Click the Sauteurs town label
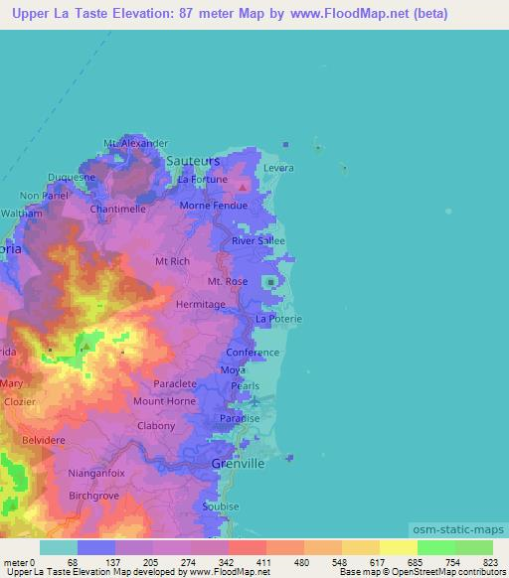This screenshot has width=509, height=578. pos(193,159)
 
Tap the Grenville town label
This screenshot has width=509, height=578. pos(240,463)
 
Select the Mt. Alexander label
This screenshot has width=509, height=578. pos(135,143)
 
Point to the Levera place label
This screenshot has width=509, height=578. pos(278,168)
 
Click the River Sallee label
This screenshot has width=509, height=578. pos(257,240)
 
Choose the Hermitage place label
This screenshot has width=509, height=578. pos(200,305)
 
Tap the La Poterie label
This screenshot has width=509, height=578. pos(277,319)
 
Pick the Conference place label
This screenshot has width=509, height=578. pos(253,353)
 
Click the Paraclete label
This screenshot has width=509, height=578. pos(175,383)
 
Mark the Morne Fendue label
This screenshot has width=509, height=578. pos(213,206)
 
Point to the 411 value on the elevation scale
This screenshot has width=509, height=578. pos(264,562)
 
